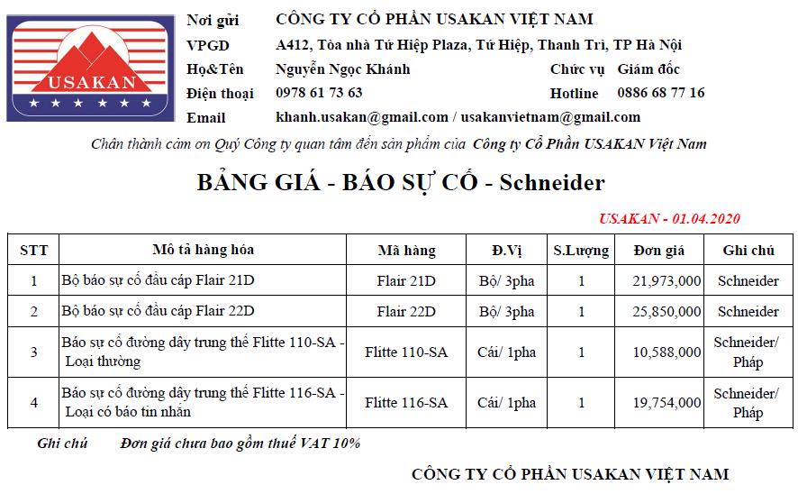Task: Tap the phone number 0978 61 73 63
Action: click(319, 93)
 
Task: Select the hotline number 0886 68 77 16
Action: click(660, 93)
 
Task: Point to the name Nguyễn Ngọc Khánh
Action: click(342, 69)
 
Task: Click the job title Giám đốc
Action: click(648, 69)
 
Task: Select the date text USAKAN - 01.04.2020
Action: click(669, 219)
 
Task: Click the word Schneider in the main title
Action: click(552, 184)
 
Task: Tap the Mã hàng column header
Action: click(406, 251)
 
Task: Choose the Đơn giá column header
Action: click(659, 251)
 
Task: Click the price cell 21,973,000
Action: click(667, 281)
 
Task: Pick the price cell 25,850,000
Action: click(667, 312)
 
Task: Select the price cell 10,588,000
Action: click(667, 352)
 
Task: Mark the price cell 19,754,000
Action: click(667, 403)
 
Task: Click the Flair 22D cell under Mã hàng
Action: click(406, 312)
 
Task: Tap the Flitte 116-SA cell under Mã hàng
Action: click(406, 403)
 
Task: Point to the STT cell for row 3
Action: click(34, 352)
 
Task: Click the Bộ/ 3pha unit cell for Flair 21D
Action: click(506, 281)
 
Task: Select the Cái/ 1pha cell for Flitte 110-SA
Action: click(506, 352)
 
